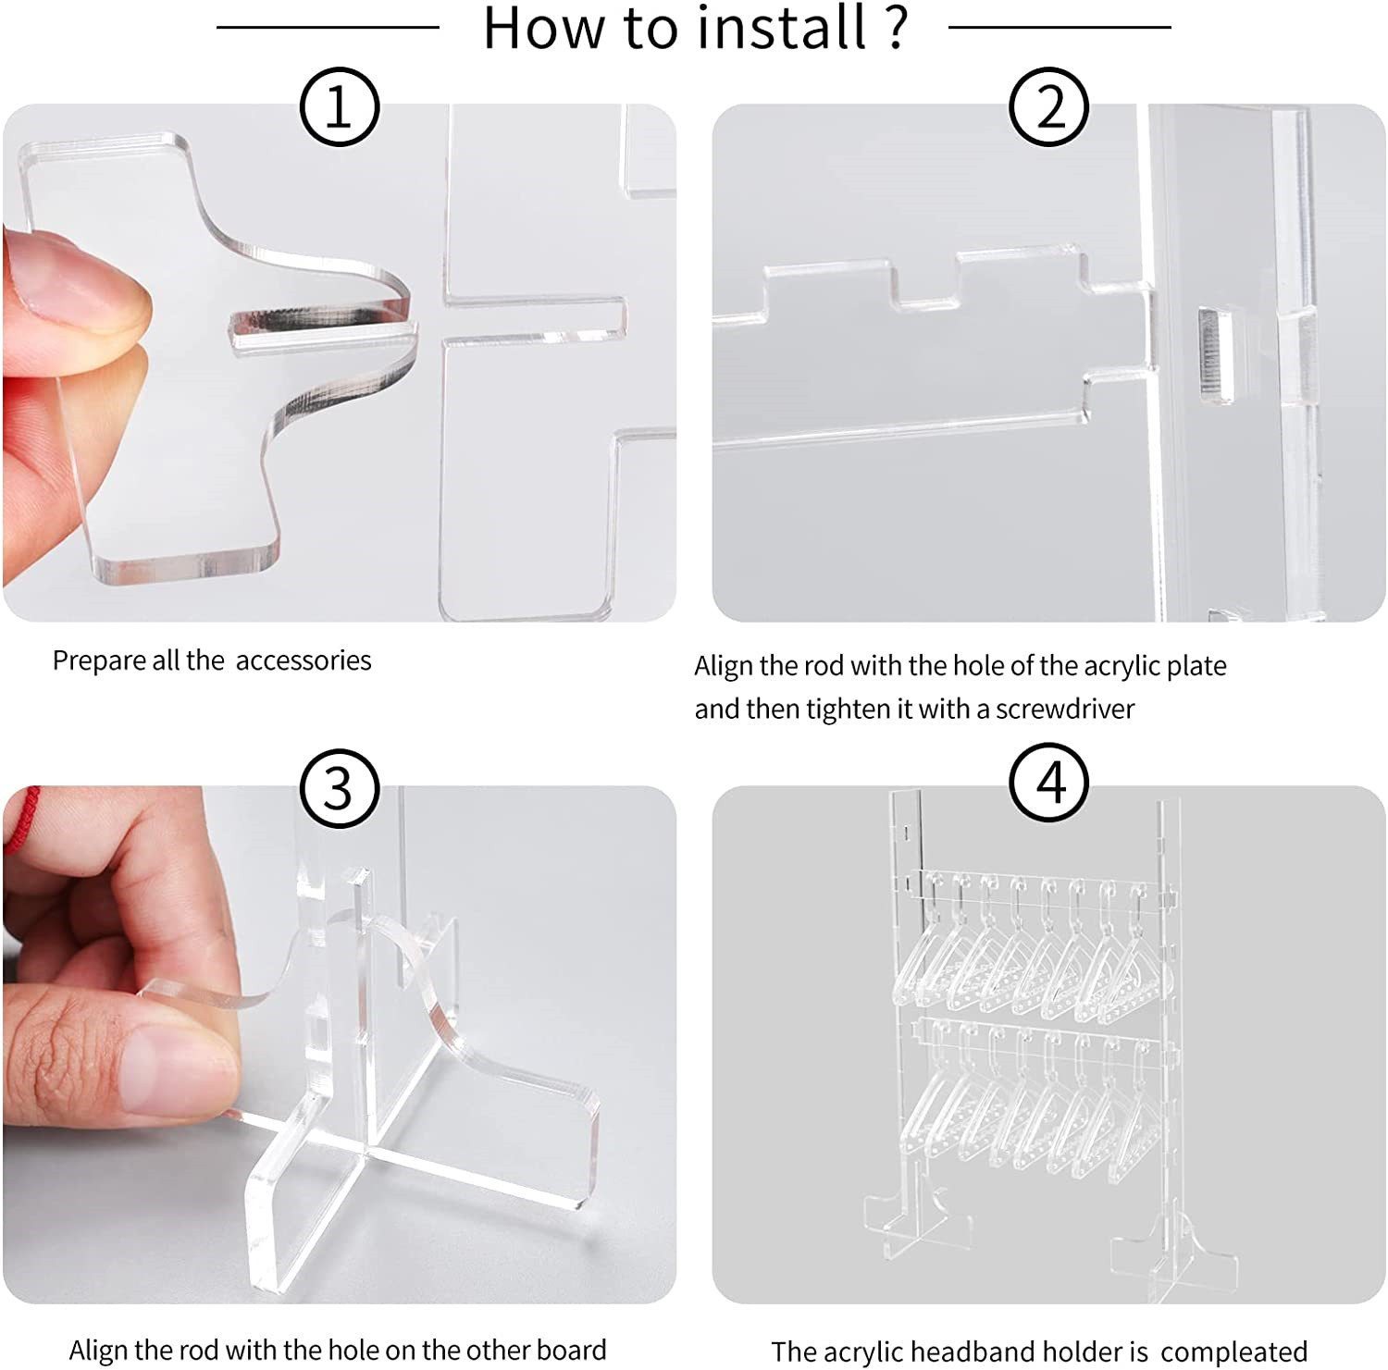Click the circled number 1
(x=339, y=108)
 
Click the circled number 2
(x=1050, y=108)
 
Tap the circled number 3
(x=339, y=789)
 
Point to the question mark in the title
(x=894, y=27)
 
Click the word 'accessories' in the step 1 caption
(x=304, y=660)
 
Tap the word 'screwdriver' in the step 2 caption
(x=1064, y=710)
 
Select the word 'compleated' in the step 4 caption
(x=1233, y=1351)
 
